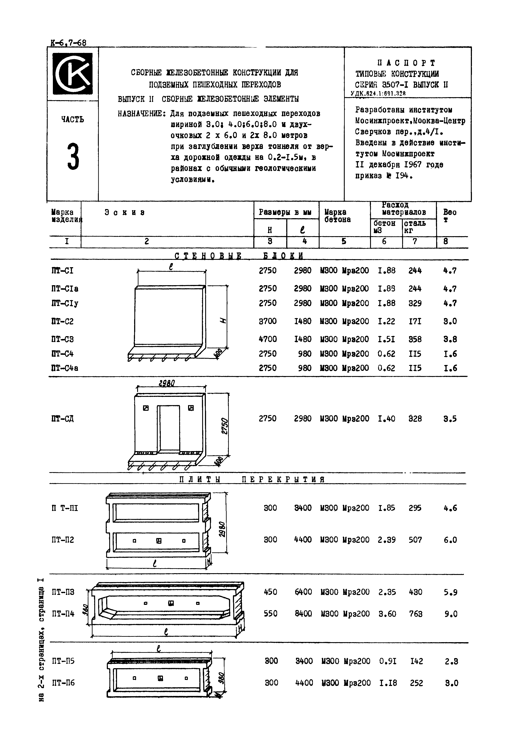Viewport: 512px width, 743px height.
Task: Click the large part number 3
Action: coord(73,157)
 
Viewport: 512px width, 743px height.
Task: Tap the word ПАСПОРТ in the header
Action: coord(406,63)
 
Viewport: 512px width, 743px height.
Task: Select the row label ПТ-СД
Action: coord(63,419)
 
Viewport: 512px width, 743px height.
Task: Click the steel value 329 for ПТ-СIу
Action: coord(415,303)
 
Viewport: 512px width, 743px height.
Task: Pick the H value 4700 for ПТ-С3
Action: coord(268,339)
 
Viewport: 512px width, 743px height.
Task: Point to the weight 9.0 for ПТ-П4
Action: coord(450,614)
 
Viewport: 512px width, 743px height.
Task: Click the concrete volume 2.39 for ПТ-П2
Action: coord(387,540)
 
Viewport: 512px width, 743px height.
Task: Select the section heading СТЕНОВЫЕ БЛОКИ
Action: coord(239,256)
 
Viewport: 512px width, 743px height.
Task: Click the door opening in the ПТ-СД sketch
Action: coord(168,427)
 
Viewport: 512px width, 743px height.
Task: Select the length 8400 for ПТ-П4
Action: coord(303,614)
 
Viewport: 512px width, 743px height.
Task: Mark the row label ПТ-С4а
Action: coord(65,368)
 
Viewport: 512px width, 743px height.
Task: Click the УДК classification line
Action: coord(378,93)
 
